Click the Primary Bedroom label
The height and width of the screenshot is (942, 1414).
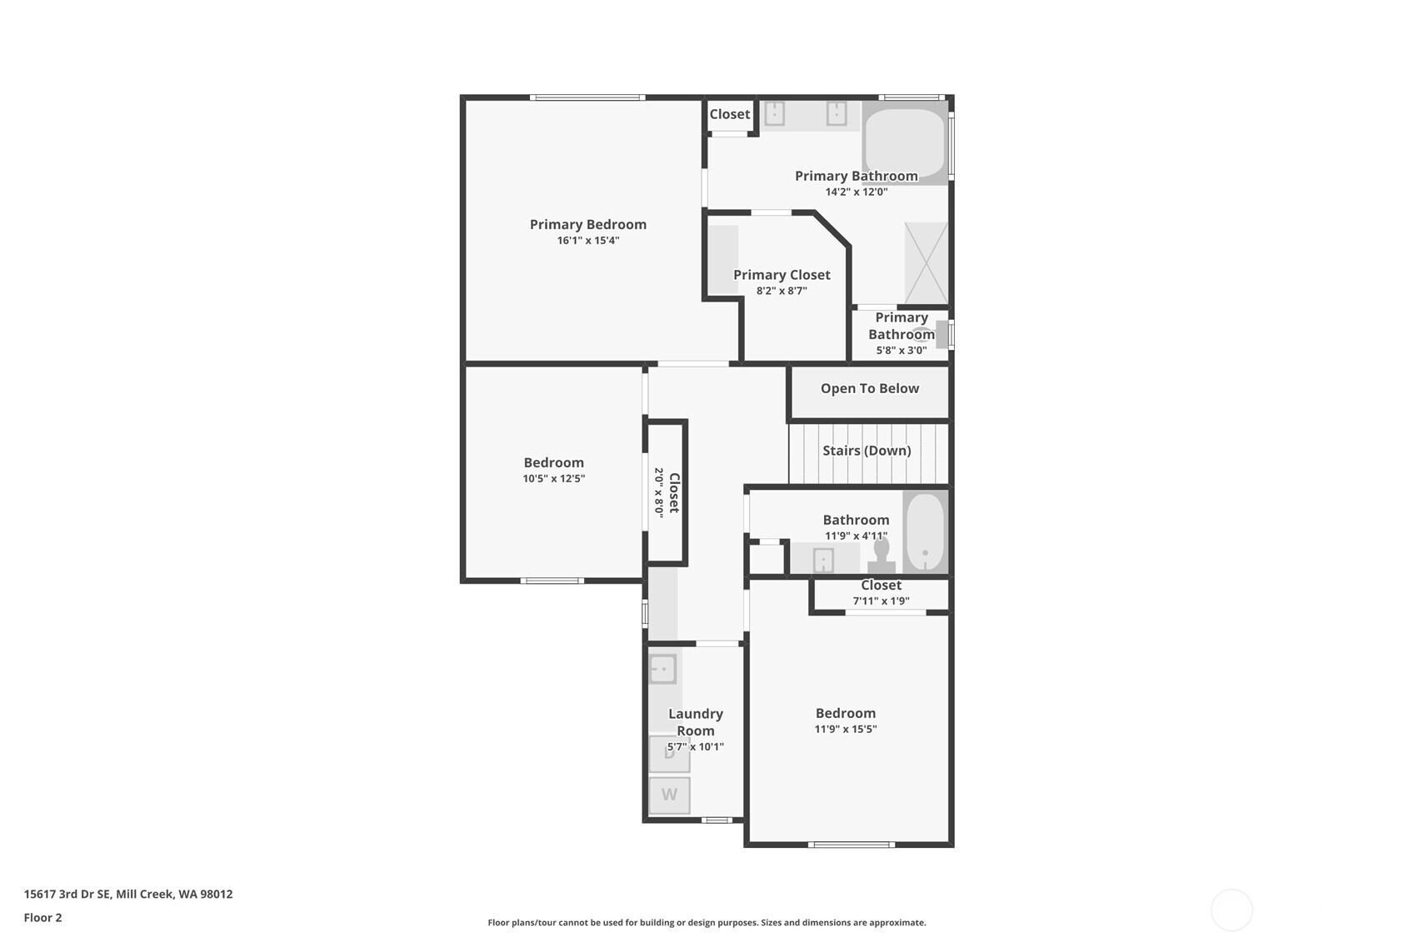point(587,224)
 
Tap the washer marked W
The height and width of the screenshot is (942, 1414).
point(669,795)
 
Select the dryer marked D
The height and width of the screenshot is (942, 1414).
point(669,754)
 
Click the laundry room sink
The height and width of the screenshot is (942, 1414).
point(662,669)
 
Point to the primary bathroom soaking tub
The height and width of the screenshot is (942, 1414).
point(904,142)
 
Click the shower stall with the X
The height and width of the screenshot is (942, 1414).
point(926,263)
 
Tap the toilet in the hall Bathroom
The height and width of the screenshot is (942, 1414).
point(882,555)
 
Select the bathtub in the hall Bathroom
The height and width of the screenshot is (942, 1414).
point(925,532)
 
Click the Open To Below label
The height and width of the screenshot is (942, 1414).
point(869,388)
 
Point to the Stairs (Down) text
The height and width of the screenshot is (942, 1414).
point(867,451)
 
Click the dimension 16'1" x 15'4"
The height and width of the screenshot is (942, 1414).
point(587,241)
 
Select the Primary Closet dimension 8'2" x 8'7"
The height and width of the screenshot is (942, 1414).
point(782,291)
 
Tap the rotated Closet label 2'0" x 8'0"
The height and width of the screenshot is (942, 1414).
point(667,492)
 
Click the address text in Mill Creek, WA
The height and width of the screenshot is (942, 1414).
point(128,894)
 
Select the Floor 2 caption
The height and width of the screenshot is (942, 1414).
point(42,918)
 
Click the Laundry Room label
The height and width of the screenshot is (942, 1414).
point(695,722)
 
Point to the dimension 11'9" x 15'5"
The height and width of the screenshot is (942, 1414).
point(845,729)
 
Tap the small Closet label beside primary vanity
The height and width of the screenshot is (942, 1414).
point(729,114)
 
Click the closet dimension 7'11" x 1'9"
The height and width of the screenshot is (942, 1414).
point(881,601)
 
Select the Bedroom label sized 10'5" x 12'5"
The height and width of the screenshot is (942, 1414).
point(553,462)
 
